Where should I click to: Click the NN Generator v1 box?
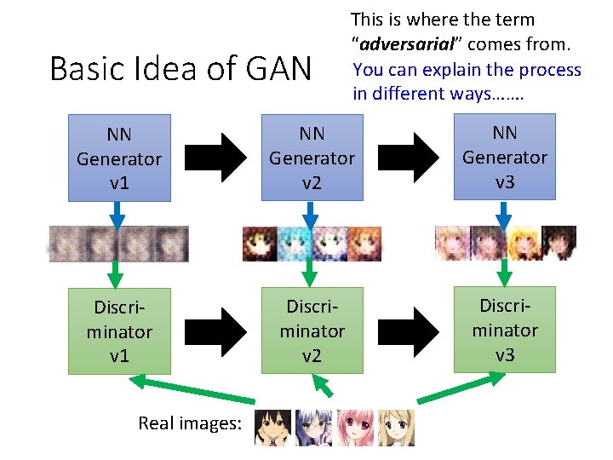119,158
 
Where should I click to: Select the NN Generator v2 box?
312,158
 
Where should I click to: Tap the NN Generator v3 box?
504,157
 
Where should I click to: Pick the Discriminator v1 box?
119,331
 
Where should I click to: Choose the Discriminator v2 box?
312,331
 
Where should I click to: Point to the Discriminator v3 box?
504,329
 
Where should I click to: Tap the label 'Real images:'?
190,423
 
